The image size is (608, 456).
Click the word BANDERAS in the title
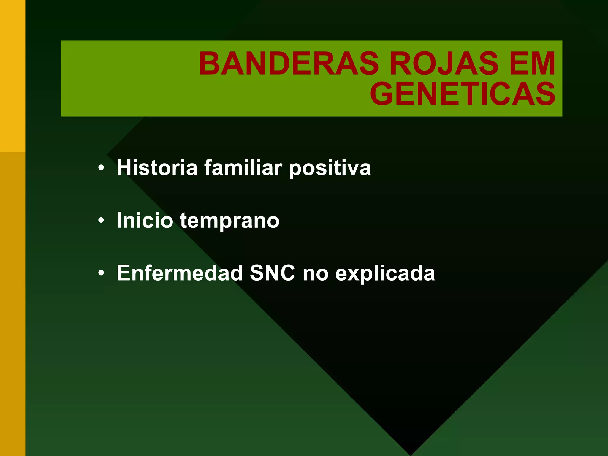point(289,64)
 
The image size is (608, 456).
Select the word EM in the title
point(532,64)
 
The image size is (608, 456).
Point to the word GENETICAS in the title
point(463,94)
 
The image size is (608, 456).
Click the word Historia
point(157,168)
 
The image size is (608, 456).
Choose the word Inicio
point(145,220)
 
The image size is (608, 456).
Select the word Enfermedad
point(180,273)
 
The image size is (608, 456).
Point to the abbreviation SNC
point(273,273)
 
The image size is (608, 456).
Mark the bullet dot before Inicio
point(101,221)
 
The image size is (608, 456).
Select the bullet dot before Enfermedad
point(101,273)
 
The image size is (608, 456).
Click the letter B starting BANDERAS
point(210,64)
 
